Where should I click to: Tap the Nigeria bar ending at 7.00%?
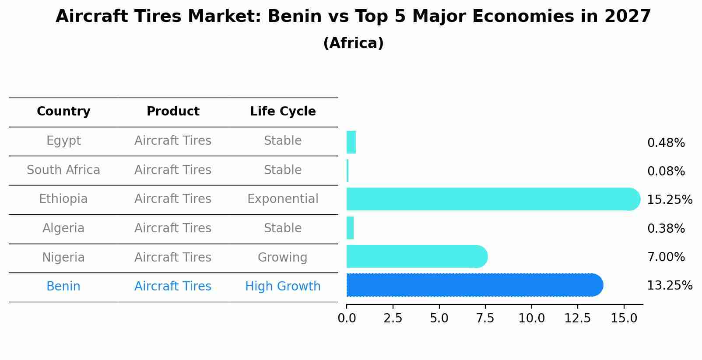[x=416, y=256]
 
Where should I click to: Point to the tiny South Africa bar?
[x=347, y=171]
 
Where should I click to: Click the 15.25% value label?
[x=669, y=200]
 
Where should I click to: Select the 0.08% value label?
[x=666, y=171]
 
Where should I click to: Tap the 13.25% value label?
[x=669, y=286]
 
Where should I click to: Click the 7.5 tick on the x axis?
[x=485, y=318]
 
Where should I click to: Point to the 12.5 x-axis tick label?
[x=578, y=318]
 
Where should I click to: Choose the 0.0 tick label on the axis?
[x=347, y=318]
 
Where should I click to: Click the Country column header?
[x=63, y=112]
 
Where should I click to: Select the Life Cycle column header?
[x=283, y=112]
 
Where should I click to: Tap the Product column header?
[x=173, y=112]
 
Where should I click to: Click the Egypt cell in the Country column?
[x=63, y=141]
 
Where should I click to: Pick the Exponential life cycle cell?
[x=283, y=199]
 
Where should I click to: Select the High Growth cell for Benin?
[x=283, y=287]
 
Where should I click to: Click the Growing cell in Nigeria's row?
[x=283, y=257]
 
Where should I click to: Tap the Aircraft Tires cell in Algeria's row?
[x=173, y=228]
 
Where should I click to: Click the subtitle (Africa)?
[x=353, y=43]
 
